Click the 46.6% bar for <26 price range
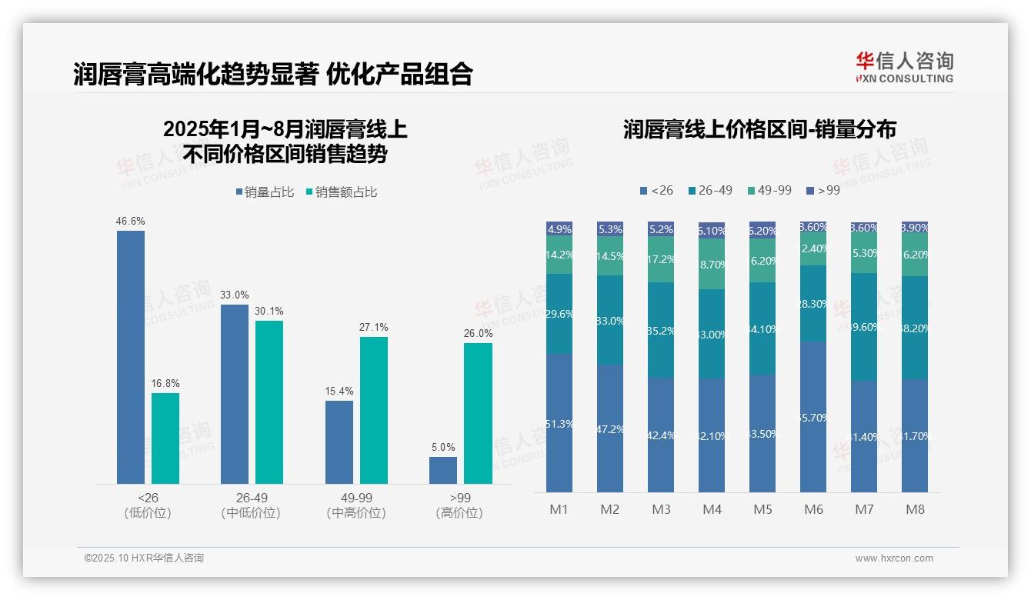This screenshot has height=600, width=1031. [131, 357]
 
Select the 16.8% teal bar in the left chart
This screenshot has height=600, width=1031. [165, 438]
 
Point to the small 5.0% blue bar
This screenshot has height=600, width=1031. [443, 470]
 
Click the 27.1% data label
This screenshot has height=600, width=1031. [373, 328]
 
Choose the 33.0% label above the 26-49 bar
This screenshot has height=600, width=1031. [235, 295]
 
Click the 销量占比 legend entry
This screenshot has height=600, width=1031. [265, 192]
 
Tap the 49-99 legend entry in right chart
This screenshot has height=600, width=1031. [769, 190]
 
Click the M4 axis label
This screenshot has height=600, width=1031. [712, 510]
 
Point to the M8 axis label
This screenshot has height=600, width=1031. [915, 510]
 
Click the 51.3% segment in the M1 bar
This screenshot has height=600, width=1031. [559, 423]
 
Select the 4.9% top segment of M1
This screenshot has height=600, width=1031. [559, 228]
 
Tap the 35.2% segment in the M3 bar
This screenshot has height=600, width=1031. [661, 331]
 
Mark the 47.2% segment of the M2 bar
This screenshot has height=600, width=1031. [610, 428]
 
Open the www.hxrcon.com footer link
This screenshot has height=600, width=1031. [894, 558]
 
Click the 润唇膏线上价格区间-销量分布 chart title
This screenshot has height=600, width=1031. [759, 129]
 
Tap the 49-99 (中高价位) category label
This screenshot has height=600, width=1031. [355, 505]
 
